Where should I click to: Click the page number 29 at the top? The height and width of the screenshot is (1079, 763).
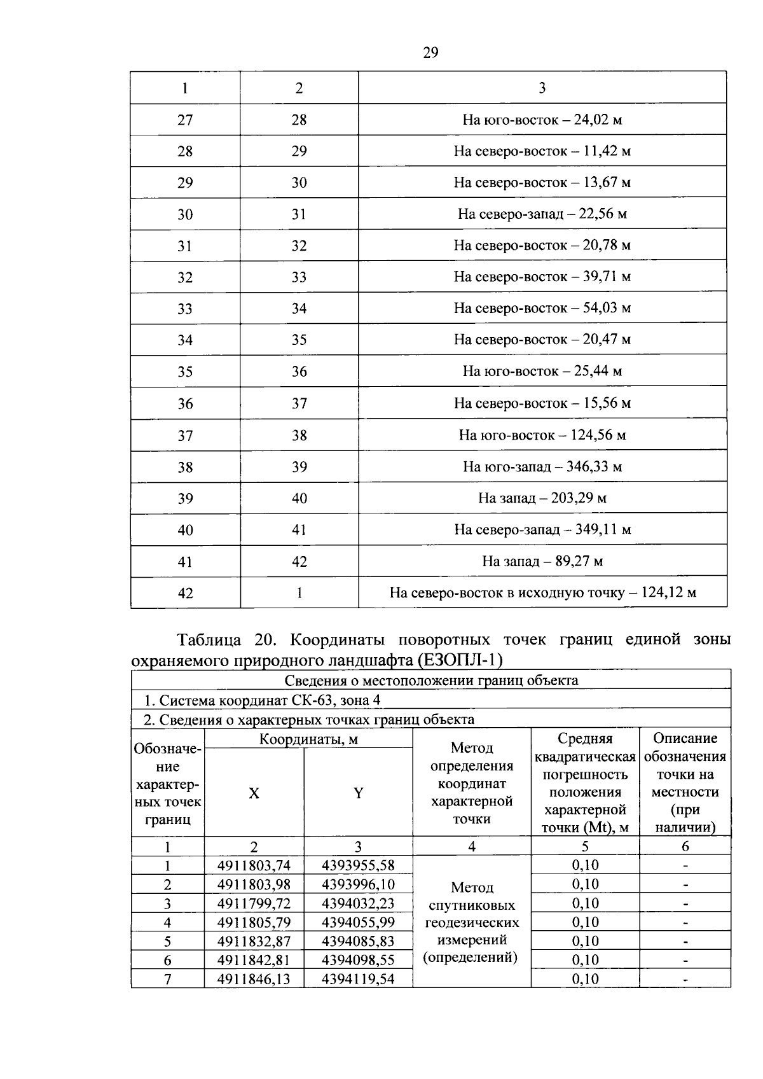430,53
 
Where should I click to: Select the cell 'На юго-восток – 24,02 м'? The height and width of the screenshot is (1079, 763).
542,120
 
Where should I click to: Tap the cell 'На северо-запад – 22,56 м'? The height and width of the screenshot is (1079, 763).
542,214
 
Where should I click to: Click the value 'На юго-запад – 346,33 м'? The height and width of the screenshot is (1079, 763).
542,467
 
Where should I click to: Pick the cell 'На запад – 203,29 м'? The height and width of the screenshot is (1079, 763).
542,498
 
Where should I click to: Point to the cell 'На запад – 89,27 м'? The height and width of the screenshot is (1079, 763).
542,561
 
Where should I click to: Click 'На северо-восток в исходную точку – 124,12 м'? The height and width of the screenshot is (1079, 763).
542,593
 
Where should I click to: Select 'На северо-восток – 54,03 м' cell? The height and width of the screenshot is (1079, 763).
542,309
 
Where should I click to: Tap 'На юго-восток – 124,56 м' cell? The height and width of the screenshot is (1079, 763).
542,435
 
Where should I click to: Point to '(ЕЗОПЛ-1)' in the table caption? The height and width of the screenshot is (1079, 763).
460,661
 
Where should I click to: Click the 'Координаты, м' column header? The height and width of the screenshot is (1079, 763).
308,739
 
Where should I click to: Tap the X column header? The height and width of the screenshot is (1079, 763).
254,793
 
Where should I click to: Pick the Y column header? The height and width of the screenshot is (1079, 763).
358,793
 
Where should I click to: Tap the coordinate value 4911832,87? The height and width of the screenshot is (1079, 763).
254,942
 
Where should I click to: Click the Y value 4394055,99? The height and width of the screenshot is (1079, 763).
358,922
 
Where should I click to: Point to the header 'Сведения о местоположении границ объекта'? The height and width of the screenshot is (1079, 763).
430,681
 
